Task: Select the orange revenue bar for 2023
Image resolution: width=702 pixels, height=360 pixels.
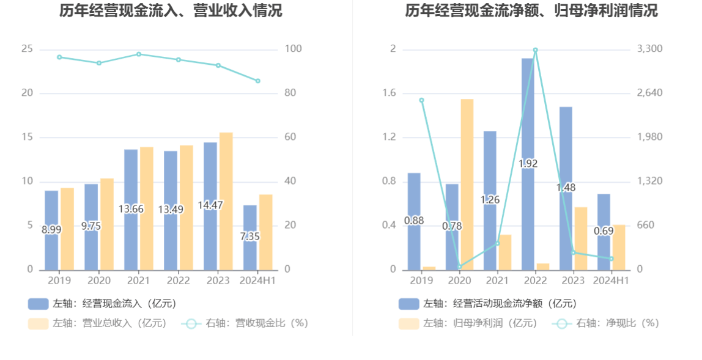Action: click(x=226, y=201)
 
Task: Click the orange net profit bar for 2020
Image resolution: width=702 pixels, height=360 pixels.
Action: click(x=467, y=183)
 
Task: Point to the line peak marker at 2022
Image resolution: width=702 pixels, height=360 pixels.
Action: click(x=535, y=50)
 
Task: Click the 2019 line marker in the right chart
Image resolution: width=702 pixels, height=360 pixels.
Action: click(x=421, y=100)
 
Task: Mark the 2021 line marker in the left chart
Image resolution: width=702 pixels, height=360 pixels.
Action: click(x=139, y=54)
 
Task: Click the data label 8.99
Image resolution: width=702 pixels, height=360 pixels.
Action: click(x=51, y=230)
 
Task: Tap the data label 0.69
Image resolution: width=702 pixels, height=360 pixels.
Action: click(x=604, y=232)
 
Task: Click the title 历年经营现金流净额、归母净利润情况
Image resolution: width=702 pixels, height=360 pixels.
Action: click(x=531, y=10)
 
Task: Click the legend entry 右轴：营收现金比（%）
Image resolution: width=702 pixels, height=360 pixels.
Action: click(x=245, y=323)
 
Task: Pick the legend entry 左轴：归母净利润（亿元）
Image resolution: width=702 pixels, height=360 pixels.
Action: click(x=468, y=323)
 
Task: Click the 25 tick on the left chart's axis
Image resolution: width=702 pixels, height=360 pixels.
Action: click(x=27, y=49)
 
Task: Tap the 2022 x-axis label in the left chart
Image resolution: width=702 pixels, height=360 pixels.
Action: click(x=178, y=281)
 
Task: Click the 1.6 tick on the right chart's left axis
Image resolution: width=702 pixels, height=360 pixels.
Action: click(x=389, y=93)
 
